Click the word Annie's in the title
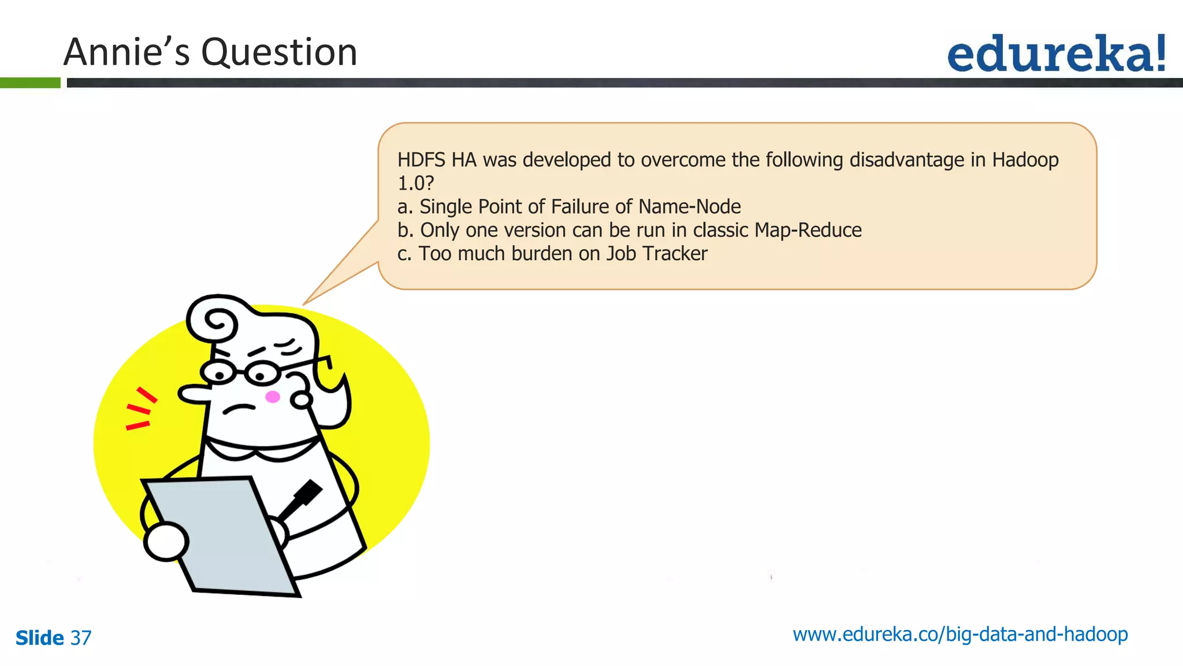pyautogui.click(x=127, y=53)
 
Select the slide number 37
pyautogui.click(x=81, y=638)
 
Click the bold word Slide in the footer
pyautogui.click(x=39, y=638)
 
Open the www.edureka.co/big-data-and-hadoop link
pyautogui.click(x=960, y=635)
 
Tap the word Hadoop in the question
pyautogui.click(x=1025, y=160)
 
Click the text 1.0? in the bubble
pyautogui.click(x=415, y=183)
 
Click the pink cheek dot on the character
pyautogui.click(x=273, y=397)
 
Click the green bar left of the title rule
pyautogui.click(x=30, y=83)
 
